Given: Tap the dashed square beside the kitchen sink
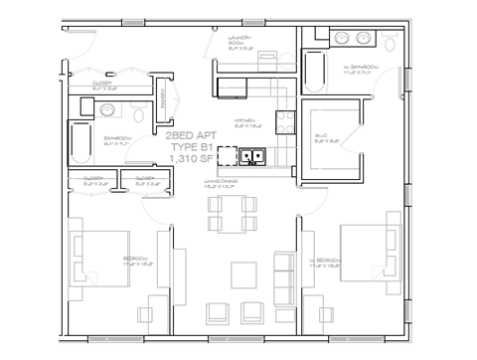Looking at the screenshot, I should (229, 155).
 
